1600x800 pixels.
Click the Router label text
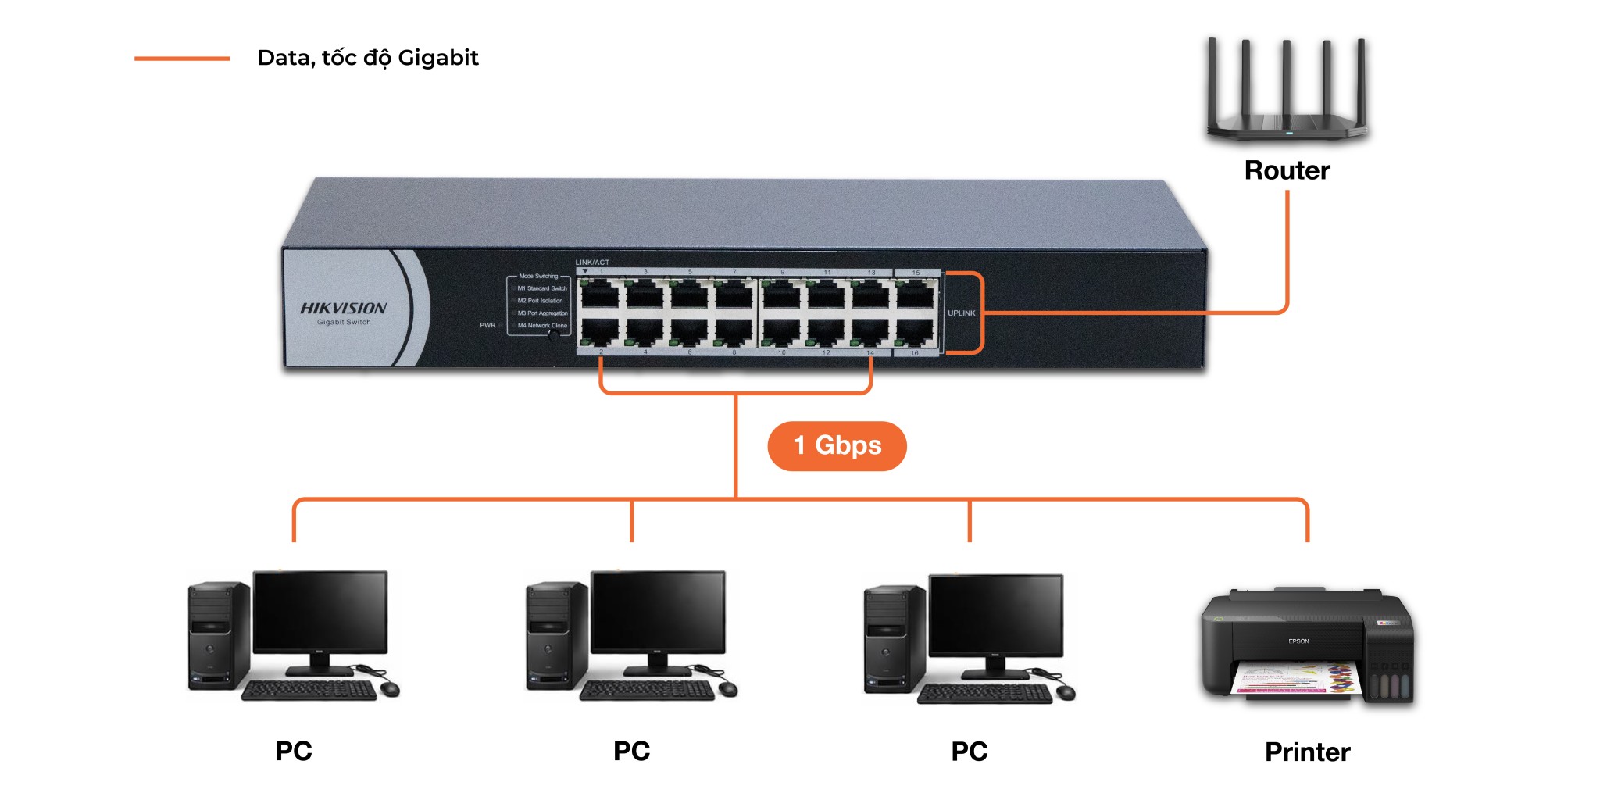(1287, 170)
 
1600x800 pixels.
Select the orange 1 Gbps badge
(837, 446)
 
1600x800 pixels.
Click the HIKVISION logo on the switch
(344, 309)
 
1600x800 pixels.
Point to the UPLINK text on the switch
(961, 313)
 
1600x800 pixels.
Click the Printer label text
(1307, 752)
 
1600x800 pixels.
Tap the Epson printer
(1307, 645)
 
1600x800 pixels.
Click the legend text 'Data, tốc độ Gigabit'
(368, 58)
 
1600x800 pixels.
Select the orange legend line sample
(182, 59)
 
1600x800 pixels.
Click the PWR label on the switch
(487, 325)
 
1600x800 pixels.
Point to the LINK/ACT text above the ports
(592, 262)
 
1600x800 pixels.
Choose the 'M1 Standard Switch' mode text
(542, 288)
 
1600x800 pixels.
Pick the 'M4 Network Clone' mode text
(542, 326)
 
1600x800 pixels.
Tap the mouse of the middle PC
(727, 688)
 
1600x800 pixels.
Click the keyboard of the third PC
(984, 694)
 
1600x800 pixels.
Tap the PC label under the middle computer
(631, 751)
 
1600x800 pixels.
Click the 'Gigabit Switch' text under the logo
(344, 322)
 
